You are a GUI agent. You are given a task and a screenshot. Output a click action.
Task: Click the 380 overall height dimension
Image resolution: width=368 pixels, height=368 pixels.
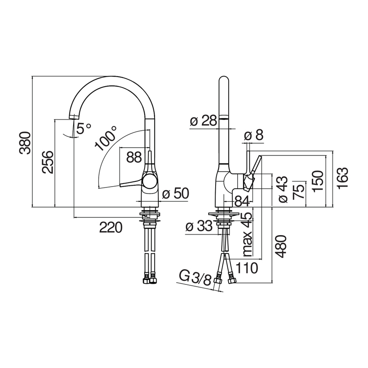[25, 143]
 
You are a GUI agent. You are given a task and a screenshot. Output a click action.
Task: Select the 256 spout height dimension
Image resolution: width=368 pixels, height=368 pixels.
[48, 162]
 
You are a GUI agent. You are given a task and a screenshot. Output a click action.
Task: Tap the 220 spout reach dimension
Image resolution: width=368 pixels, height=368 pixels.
[111, 227]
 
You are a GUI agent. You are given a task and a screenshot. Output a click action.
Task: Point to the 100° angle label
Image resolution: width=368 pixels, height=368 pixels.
[105, 138]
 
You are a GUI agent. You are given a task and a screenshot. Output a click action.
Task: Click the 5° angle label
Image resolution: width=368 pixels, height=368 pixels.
[84, 128]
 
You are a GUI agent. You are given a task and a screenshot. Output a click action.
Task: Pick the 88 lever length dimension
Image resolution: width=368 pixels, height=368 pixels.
[134, 157]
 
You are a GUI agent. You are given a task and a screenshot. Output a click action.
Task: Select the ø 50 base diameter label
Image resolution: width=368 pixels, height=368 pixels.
[175, 194]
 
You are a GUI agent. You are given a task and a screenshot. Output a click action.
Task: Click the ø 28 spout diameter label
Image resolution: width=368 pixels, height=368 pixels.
[203, 121]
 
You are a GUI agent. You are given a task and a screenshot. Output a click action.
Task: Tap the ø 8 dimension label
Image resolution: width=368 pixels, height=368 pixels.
[254, 135]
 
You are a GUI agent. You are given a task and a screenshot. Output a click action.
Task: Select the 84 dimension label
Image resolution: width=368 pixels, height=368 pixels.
[242, 201]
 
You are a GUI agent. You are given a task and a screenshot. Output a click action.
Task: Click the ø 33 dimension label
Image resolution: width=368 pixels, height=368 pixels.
[199, 226]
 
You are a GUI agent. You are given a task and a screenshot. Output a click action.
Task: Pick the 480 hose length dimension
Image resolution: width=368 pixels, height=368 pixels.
[281, 246]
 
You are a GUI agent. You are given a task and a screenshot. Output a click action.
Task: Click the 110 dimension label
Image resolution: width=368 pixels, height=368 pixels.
[246, 268]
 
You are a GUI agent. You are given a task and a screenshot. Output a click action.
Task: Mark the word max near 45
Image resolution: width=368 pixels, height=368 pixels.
[247, 244]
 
